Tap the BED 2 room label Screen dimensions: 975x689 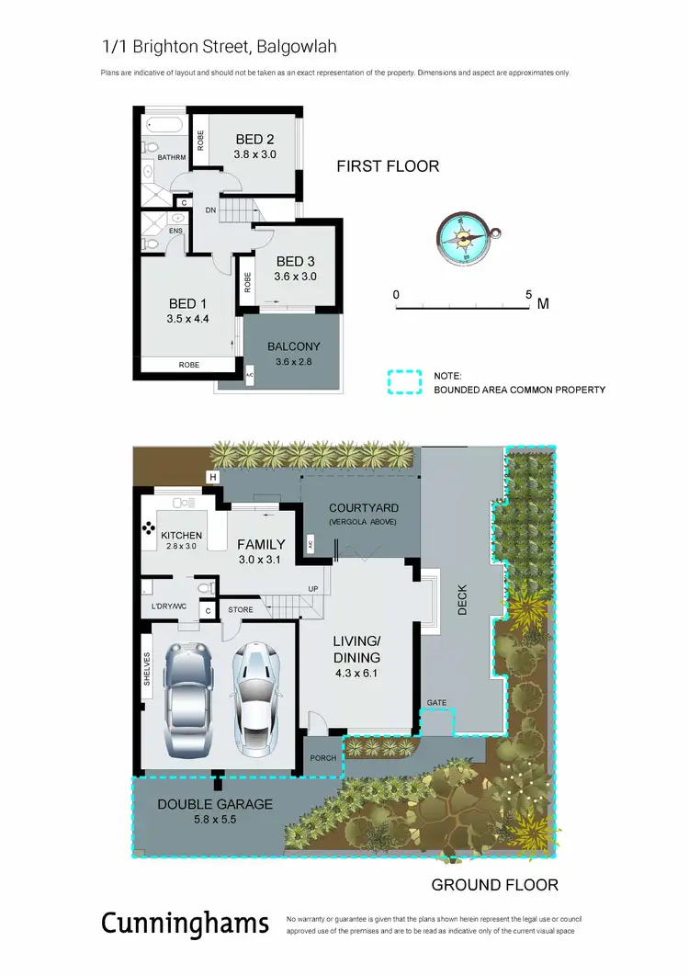[254, 140]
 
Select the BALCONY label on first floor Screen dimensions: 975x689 [293, 346]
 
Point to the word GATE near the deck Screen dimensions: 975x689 [436, 703]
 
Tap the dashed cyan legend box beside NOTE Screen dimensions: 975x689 [403, 382]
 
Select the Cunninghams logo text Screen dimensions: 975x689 [185, 923]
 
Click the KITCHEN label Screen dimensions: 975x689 [181, 535]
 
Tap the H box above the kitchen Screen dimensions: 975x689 [213, 477]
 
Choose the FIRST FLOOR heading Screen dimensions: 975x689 [388, 166]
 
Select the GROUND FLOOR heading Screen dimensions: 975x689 [494, 885]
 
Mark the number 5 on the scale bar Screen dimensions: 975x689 [528, 295]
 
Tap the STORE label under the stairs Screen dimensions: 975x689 [241, 609]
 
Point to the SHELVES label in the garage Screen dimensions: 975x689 [147, 668]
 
